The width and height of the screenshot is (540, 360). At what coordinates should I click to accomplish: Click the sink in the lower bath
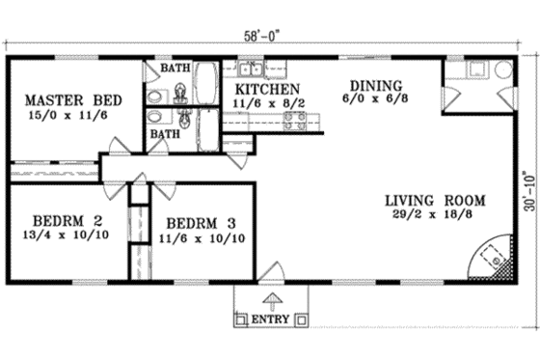tap(157, 116)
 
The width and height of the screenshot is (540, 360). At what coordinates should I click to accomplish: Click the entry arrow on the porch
tap(273, 300)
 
